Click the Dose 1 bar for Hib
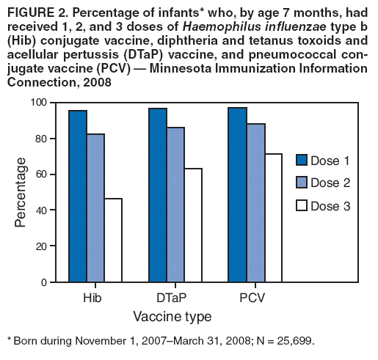pos(79,196)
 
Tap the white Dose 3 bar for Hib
pos(114,240)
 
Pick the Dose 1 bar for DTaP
pos(158,195)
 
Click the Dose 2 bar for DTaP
pos(175,205)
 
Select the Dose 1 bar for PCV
pos(237,194)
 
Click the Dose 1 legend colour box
pos(302,160)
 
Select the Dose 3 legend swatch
pos(302,206)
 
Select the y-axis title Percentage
pos(21,192)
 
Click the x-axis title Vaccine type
pos(172,317)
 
